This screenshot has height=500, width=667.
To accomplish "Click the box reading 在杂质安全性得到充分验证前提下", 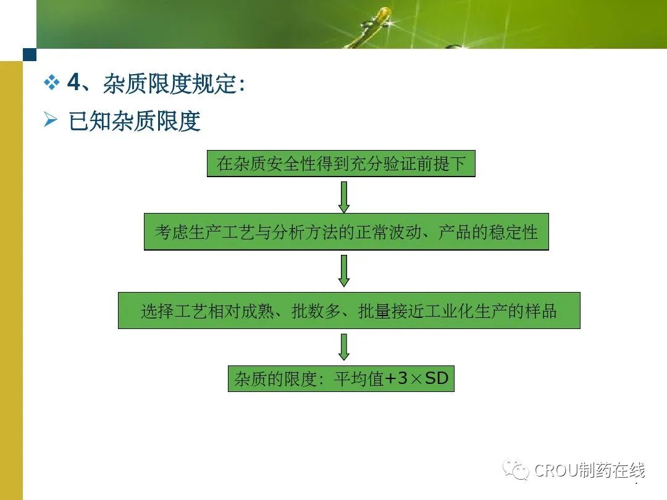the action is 341,163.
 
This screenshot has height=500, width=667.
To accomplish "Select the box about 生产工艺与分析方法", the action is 346,231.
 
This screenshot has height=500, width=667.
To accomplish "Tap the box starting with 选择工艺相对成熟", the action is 349,310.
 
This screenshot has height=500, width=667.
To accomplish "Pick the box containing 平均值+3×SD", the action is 341,378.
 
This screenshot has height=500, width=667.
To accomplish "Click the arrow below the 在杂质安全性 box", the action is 344,197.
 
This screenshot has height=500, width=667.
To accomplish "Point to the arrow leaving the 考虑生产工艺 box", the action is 344,271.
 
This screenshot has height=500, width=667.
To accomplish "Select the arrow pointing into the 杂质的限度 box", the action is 344,347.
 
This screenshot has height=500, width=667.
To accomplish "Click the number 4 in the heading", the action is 74,81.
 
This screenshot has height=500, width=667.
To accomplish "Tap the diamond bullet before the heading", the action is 51,83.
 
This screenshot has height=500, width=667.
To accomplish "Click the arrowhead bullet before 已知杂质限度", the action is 50,120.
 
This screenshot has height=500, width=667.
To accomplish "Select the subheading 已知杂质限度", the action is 135,121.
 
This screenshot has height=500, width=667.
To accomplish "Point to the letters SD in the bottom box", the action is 437,378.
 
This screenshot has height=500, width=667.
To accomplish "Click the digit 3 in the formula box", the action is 402,378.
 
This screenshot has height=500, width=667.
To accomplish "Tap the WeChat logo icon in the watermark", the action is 516,469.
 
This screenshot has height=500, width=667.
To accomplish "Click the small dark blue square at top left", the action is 30,55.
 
